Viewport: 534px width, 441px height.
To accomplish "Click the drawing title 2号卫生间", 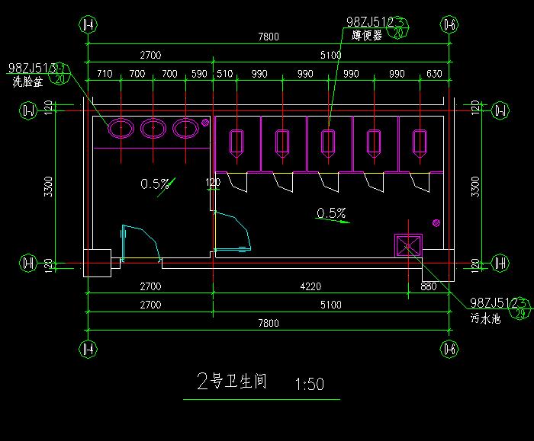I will click(x=231, y=382).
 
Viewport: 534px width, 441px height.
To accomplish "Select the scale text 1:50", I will click(x=308, y=384).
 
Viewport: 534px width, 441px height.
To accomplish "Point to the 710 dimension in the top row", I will click(x=105, y=74).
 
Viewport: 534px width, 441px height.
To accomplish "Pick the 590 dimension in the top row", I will click(x=199, y=74).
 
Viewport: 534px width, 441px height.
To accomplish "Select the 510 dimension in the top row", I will click(x=225, y=74).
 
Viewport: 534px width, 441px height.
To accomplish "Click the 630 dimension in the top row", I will click(x=434, y=74).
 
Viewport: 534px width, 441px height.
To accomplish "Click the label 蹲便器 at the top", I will click(x=367, y=36).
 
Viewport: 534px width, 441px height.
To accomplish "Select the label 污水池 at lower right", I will click(x=484, y=321).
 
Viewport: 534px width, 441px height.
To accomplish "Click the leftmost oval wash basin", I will click(x=121, y=129).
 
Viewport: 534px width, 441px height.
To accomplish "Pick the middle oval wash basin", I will click(x=153, y=129).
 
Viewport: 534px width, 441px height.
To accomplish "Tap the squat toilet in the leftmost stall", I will click(x=237, y=142).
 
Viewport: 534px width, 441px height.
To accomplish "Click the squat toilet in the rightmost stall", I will click(x=420, y=142).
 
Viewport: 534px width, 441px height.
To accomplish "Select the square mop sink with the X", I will click(x=407, y=245).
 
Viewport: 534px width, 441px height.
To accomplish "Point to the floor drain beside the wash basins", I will click(x=205, y=122).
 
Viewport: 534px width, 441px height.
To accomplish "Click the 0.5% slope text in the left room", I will click(x=155, y=184).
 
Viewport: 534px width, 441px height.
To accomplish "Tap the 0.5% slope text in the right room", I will click(x=331, y=213).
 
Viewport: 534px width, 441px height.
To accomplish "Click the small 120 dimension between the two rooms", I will click(x=213, y=182).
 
